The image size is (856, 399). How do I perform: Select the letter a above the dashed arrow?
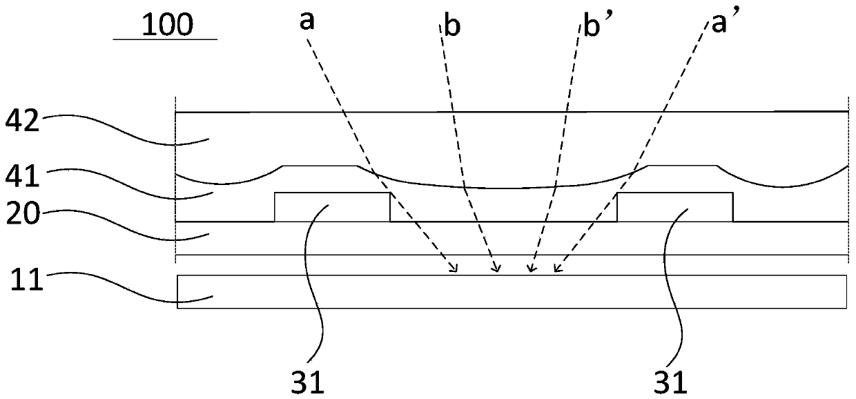[x=307, y=21]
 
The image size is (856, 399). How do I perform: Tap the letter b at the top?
[x=453, y=26]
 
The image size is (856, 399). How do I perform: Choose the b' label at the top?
[x=589, y=26]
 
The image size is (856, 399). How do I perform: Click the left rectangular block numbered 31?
[x=332, y=207]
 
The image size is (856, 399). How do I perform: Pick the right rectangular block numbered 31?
[x=674, y=207]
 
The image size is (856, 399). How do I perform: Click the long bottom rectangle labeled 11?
[x=511, y=291]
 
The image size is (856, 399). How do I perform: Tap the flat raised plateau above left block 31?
[x=320, y=166]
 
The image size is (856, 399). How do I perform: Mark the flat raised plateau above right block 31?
[x=682, y=166]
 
